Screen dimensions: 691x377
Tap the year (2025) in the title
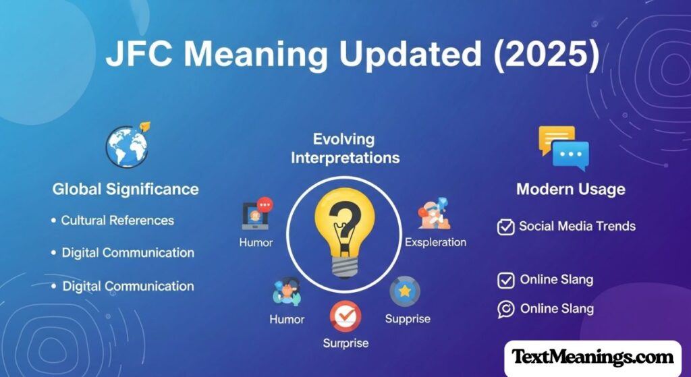coord(546,55)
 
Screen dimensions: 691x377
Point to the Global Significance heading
coord(126,190)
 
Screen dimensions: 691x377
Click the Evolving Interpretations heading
coord(345,148)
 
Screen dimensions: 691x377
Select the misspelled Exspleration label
coord(435,242)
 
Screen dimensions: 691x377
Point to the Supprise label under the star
coord(408,319)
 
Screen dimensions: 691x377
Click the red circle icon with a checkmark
coord(345,316)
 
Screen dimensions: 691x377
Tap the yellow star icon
coord(405,291)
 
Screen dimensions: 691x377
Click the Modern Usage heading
coord(571,190)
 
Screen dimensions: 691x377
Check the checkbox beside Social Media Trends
coord(505,227)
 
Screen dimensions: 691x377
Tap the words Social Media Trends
coord(578,227)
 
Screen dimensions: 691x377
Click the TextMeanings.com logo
coord(592,357)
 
